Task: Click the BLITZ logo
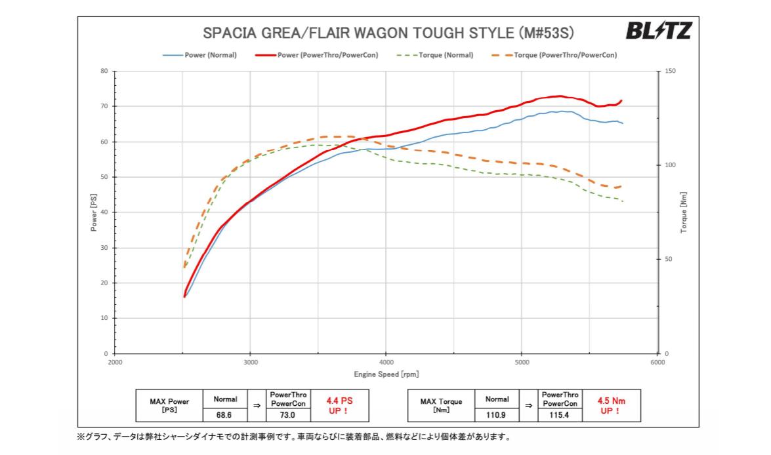[x=658, y=30]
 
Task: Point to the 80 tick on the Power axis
[x=104, y=71]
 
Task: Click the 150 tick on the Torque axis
[x=670, y=71]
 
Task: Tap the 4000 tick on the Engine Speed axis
[x=386, y=362]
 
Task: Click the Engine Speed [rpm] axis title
[x=386, y=374]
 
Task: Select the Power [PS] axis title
[x=94, y=212]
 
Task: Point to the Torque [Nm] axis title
[x=684, y=212]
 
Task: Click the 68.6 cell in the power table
[x=225, y=414]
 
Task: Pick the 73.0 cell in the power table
[x=287, y=414]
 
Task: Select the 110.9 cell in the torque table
[x=497, y=414]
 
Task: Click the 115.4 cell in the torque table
[x=560, y=414]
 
